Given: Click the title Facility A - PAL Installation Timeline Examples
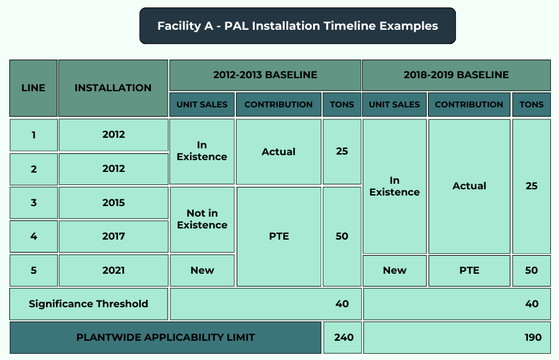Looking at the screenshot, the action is pyautogui.click(x=298, y=26).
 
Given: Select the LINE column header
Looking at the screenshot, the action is pyautogui.click(x=34, y=88).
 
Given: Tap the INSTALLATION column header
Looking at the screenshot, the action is pyautogui.click(x=113, y=88).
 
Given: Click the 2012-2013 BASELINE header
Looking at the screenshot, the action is pyautogui.click(x=265, y=75).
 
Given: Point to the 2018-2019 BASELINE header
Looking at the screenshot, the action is pyautogui.click(x=457, y=75).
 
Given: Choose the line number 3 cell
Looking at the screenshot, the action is pyautogui.click(x=34, y=203).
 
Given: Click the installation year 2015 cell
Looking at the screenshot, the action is pyautogui.click(x=114, y=203).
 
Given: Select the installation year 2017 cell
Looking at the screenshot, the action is pyautogui.click(x=114, y=236).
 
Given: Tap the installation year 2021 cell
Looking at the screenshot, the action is pyautogui.click(x=114, y=270).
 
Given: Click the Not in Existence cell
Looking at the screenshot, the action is pyautogui.click(x=202, y=220).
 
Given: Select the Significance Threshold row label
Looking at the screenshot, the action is pyautogui.click(x=88, y=304).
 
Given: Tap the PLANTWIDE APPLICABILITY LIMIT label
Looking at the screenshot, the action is pyautogui.click(x=165, y=338).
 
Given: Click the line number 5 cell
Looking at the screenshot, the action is pyautogui.click(x=34, y=270).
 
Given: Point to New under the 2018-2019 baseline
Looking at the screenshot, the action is pyautogui.click(x=394, y=271).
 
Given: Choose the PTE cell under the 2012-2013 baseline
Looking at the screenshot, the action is pyautogui.click(x=279, y=236).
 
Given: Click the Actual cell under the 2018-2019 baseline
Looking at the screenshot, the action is pyautogui.click(x=469, y=186).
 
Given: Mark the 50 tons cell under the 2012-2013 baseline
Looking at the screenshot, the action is pyautogui.click(x=342, y=236).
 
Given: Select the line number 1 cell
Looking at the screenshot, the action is pyautogui.click(x=34, y=135).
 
